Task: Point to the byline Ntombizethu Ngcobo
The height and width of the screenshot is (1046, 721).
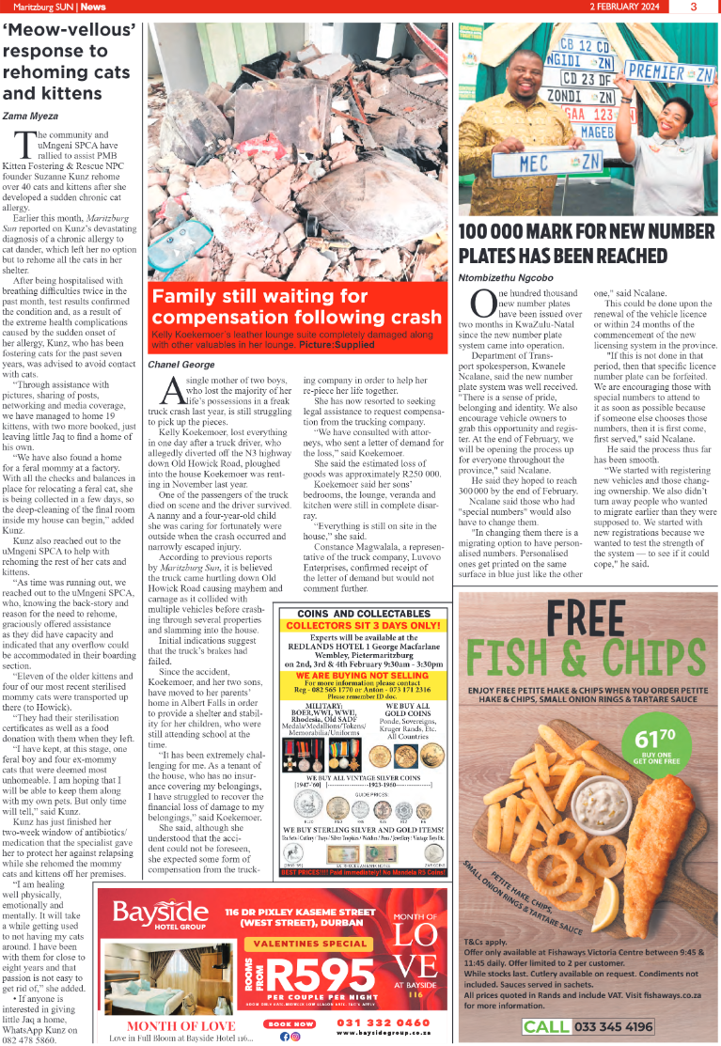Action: pos(503,277)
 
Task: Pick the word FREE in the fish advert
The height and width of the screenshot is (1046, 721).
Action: pos(586,619)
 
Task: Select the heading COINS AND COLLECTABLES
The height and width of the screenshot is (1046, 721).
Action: pos(363,612)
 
